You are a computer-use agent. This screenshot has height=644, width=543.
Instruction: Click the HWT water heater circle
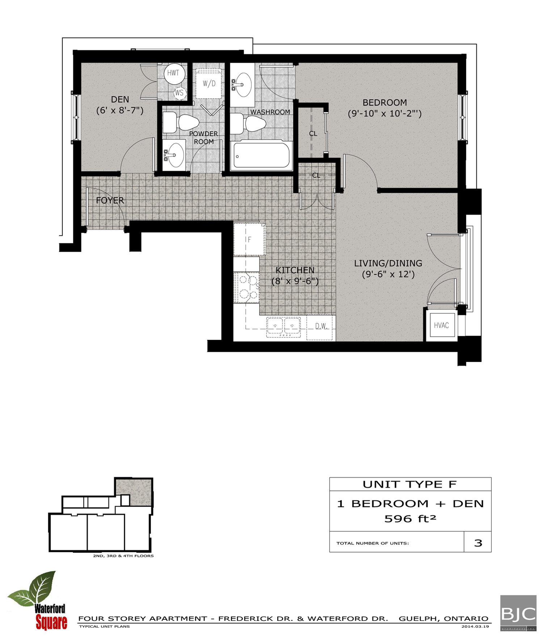coord(173,73)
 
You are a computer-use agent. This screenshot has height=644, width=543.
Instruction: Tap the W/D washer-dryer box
coord(209,84)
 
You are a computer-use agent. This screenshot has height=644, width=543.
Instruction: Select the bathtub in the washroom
coord(261,155)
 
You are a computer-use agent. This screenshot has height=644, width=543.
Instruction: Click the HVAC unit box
coord(441,325)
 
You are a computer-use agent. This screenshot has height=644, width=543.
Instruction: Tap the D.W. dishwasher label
coord(321,326)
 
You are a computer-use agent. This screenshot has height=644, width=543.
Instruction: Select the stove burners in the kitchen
coord(247,287)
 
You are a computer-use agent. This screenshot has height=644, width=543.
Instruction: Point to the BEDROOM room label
coord(384,103)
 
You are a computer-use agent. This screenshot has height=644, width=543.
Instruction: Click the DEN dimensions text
coord(120,110)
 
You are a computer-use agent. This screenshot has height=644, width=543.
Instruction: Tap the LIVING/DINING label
coord(388,263)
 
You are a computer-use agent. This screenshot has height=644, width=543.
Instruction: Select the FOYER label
coord(110,200)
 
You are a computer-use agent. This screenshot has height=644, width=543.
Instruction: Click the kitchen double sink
coord(283,327)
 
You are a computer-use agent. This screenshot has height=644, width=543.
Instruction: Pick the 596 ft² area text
coord(410,519)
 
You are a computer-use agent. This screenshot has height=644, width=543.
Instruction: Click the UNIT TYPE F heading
coord(410,485)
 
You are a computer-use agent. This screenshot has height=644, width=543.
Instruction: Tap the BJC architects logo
coord(518,613)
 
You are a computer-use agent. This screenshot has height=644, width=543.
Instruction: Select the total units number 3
coord(478,543)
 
